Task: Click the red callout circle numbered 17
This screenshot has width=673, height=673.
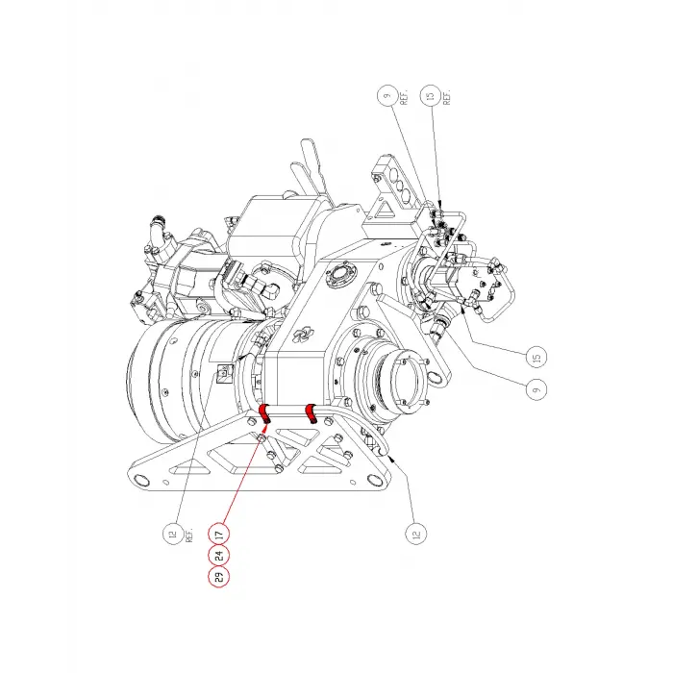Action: pos(219,535)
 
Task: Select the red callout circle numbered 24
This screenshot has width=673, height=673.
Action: pos(219,556)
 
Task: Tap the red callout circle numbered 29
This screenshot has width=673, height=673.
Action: pos(219,577)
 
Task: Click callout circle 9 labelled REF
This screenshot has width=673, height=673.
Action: pos(387,96)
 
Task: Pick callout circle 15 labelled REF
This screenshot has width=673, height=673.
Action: pos(431,96)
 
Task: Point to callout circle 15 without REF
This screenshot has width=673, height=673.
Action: pos(536,357)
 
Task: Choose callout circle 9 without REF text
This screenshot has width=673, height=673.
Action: pos(536,389)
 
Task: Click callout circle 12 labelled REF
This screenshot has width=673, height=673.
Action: pos(173,535)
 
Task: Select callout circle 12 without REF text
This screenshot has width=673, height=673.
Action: pos(416,535)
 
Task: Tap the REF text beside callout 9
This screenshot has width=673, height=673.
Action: pos(404,98)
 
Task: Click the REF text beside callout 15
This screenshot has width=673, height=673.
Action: pos(447,98)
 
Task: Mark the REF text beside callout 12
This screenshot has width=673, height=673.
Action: pos(189,535)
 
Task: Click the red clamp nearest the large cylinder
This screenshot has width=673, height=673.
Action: pos(264,414)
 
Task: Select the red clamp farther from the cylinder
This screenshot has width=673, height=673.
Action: pos(311,412)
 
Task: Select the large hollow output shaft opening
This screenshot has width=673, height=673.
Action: pos(407,380)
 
